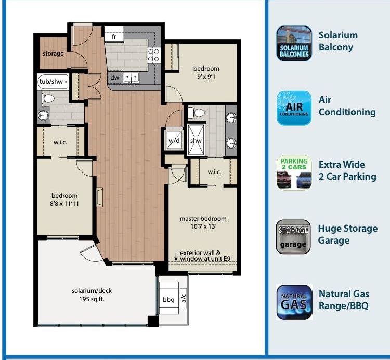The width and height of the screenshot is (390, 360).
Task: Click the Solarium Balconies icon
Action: click(294, 43)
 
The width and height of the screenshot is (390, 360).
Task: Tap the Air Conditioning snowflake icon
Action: click(294, 108)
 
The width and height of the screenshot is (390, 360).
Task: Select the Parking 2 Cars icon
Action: click(294, 172)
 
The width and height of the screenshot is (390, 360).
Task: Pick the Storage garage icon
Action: click(293, 237)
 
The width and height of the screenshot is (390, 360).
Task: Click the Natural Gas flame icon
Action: click(294, 302)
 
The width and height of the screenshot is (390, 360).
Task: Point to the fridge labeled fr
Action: click(114, 34)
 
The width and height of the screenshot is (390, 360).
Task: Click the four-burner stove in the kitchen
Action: click(153, 55)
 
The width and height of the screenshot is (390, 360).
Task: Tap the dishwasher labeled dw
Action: click(114, 78)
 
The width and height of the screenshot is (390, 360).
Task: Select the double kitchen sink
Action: click(131, 78)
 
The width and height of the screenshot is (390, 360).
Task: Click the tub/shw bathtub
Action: click(53, 82)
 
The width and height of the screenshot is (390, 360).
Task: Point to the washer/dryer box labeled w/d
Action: click(174, 141)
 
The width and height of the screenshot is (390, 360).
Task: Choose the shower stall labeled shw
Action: click(196, 140)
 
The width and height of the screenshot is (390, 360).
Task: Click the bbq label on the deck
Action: click(168, 300)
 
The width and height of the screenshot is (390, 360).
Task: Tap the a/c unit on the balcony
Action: click(184, 298)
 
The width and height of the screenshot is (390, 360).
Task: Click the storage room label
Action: click(53, 54)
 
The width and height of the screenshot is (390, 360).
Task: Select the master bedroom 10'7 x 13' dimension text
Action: click(203, 226)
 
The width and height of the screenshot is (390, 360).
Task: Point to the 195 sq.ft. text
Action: click(92, 299)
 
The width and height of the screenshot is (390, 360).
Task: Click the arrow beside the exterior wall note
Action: click(176, 257)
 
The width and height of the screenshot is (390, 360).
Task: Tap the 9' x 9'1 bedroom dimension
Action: click(206, 76)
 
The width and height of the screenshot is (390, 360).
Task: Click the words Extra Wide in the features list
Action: click(342, 165)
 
